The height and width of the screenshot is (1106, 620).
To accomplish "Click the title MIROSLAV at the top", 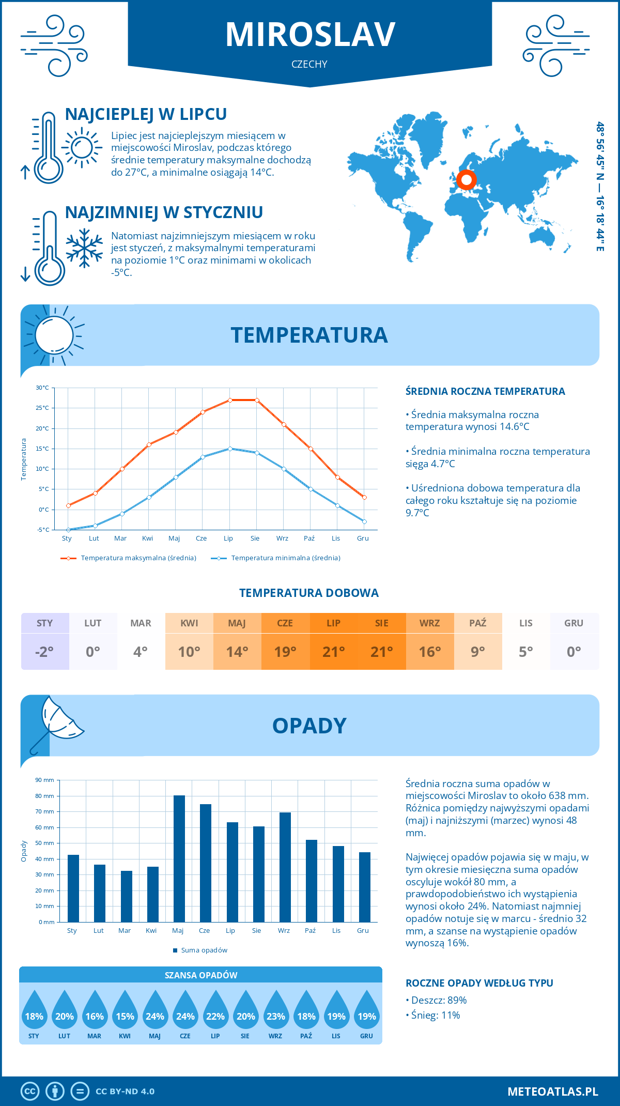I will [310, 35].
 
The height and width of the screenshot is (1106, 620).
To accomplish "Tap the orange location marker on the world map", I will [467, 180].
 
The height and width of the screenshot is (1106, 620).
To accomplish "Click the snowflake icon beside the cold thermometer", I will [84, 248].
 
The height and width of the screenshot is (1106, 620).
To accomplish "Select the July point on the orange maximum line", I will [230, 400].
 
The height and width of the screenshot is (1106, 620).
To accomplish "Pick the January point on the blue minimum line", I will [68, 530].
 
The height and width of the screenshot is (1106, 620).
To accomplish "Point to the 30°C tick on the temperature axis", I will [42, 388].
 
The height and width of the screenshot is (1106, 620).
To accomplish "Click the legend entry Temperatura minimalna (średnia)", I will [285, 558].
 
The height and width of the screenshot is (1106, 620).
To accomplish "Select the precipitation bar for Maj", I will [179, 858].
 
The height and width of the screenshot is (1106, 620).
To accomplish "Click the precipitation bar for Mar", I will [126, 896].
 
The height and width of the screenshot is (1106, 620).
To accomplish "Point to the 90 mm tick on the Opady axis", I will [45, 780].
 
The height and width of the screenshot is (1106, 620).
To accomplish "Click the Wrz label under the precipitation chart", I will [284, 931].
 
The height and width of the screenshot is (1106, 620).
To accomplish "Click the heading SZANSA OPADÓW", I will [201, 975].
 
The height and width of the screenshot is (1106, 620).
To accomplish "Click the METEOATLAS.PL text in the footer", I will [553, 1092].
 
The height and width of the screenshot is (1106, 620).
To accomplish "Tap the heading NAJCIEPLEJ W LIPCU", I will [146, 114].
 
